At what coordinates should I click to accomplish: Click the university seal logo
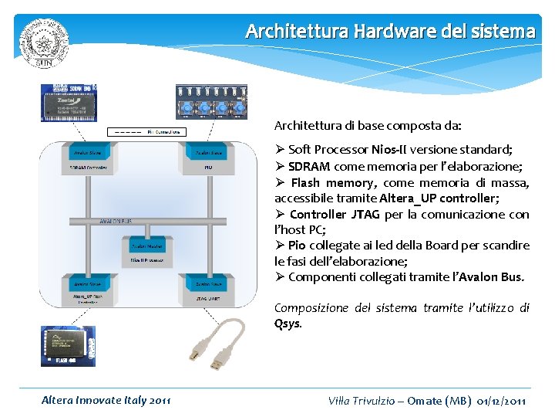click(44, 42)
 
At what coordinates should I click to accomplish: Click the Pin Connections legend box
click(146, 132)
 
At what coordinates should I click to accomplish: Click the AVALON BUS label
click(116, 221)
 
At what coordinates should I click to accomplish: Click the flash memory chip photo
click(68, 345)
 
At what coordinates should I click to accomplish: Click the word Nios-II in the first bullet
click(392, 149)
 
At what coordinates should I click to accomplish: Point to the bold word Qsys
click(288, 323)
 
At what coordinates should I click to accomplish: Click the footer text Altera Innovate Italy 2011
click(106, 400)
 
